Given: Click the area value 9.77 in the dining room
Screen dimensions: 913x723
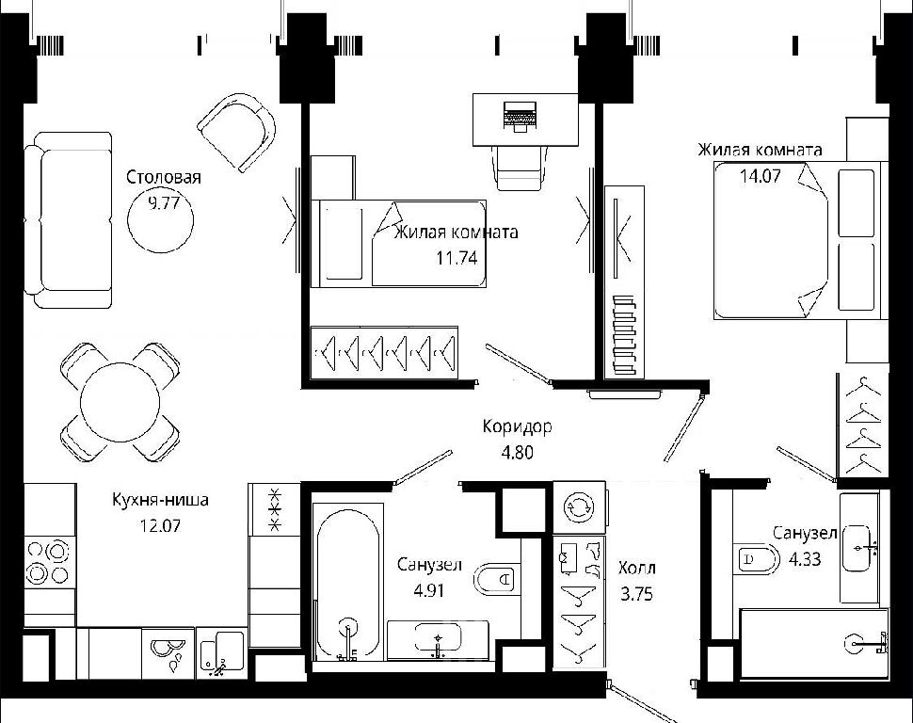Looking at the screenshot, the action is (164, 203).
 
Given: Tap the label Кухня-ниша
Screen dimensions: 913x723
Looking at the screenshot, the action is (160, 500).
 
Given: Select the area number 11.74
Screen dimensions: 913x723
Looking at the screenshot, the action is (457, 258).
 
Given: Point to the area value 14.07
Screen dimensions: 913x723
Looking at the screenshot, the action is (760, 175).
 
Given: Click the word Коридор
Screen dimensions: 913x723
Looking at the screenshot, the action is (517, 427).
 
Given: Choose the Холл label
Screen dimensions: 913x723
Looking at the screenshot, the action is (636, 568).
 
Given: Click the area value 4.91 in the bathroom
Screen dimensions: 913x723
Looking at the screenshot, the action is (429, 590).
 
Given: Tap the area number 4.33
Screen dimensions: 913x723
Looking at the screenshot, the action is (805, 559).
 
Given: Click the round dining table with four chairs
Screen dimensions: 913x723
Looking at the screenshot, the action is (120, 402).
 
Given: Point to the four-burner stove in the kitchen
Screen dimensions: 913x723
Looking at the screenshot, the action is (49, 562).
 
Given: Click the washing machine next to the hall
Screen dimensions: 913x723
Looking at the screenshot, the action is (580, 506).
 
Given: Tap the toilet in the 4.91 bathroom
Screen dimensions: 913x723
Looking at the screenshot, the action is (497, 580).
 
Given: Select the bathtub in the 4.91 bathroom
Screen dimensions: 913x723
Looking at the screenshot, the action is (348, 583).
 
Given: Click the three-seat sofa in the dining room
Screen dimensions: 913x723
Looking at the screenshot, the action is (68, 219).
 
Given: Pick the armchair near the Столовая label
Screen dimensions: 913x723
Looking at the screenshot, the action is (237, 132).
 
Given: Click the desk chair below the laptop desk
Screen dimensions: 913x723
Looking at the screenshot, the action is (520, 168).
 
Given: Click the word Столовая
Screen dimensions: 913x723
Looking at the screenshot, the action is (164, 177).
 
